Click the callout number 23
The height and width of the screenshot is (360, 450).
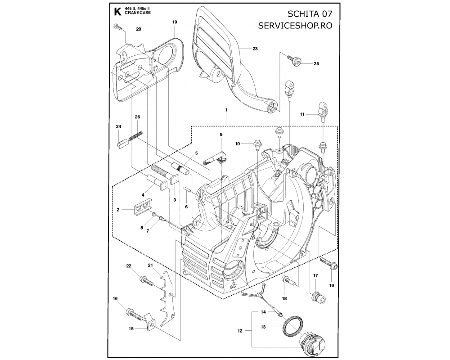pos(255,49)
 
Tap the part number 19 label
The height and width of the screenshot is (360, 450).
pos(175,22)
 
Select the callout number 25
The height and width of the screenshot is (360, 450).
pos(316,64)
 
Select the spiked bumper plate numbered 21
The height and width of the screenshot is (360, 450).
pos(167,298)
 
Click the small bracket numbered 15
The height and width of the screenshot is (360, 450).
pos(149,320)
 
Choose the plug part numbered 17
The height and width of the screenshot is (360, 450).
pos(318,298)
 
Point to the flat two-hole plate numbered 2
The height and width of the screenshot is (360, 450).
pos(143,206)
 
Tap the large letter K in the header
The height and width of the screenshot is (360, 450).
pos(117,12)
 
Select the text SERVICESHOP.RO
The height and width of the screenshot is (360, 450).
pos(295,25)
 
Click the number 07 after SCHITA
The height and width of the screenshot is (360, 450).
pos(325,14)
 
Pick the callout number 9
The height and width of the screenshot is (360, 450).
pos(221,135)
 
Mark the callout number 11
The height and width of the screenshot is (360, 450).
pos(302,114)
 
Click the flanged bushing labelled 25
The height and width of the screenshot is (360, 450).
pos(294,61)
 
